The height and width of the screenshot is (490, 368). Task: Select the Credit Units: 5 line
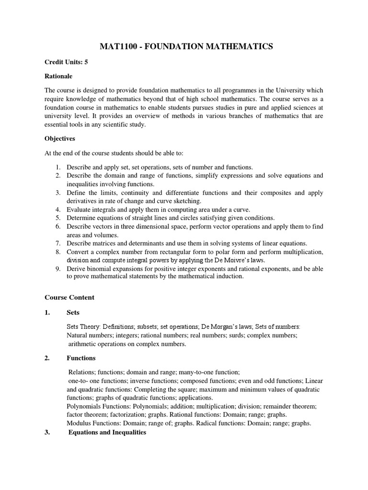66,62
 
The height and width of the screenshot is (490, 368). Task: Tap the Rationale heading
58,76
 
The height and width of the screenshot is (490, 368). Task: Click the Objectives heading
60,138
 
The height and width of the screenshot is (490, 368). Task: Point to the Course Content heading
69,297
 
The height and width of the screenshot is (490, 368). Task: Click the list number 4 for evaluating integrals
57,209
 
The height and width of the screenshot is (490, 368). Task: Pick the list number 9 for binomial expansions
57,269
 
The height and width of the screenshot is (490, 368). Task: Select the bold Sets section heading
73,312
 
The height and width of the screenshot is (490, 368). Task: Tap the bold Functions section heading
81,358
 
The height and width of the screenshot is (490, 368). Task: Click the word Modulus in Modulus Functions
79,423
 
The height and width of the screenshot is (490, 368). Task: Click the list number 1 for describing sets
57,167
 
